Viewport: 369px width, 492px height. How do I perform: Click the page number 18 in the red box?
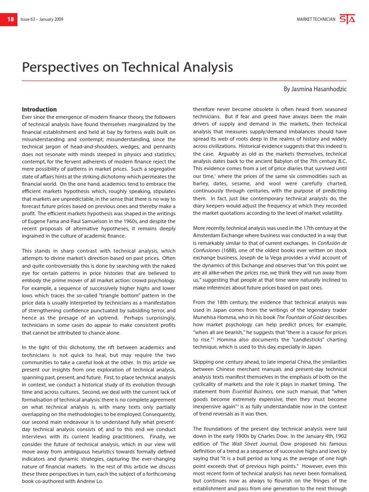click(10, 19)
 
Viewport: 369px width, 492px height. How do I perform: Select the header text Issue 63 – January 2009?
click(42, 20)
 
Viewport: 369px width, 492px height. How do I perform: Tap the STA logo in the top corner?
click(347, 19)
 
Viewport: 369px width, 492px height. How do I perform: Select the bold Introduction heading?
click(39, 110)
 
